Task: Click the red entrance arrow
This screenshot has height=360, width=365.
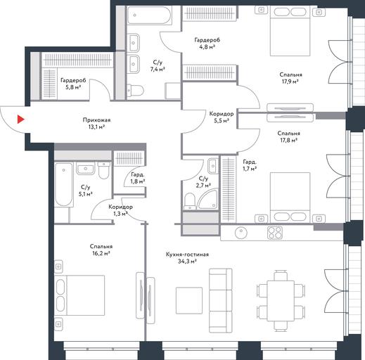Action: pyautogui.click(x=20, y=120)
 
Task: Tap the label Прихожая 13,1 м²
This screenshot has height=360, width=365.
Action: pyautogui.click(x=96, y=124)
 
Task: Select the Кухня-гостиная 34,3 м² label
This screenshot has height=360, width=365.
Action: pyautogui.click(x=187, y=258)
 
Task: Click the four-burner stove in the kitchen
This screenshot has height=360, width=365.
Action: pyautogui.click(x=275, y=233)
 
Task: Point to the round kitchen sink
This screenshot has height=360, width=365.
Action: pyautogui.click(x=241, y=233)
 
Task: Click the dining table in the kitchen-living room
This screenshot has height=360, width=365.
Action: pyautogui.click(x=281, y=301)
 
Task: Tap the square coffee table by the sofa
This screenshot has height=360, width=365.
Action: pyautogui.click(x=189, y=300)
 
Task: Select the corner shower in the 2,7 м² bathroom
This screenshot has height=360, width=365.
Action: pyautogui.click(x=208, y=200)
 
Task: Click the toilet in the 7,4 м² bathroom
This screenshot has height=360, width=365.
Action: pyautogui.click(x=136, y=90)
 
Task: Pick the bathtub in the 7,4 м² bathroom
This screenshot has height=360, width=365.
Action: pyautogui.click(x=149, y=15)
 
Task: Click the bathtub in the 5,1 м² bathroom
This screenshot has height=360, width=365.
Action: pyautogui.click(x=63, y=184)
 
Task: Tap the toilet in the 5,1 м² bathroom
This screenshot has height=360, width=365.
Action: pyautogui.click(x=104, y=170)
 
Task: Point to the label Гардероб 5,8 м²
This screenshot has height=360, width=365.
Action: pyautogui.click(x=73, y=84)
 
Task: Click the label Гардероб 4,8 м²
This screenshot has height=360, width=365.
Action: pyautogui.click(x=207, y=44)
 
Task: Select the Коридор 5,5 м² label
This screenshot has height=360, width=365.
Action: pyautogui.click(x=222, y=117)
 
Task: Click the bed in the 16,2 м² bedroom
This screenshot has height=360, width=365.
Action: pyautogui.click(x=79, y=295)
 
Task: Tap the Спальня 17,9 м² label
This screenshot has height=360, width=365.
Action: pyautogui.click(x=290, y=78)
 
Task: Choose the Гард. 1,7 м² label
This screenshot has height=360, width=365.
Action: pyautogui.click(x=250, y=165)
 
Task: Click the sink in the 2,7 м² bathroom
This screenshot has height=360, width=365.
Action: pyautogui.click(x=212, y=166)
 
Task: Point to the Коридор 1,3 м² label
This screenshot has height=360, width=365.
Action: pyautogui.click(x=120, y=210)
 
